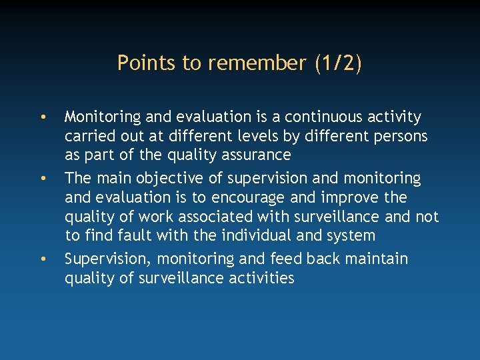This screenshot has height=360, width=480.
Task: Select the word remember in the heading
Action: coord(257,63)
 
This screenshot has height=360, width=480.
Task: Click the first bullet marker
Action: coord(42,118)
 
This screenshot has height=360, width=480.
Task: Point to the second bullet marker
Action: coord(42,179)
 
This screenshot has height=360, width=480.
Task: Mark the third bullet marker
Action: coord(42,259)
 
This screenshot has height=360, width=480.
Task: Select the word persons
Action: coord(399,137)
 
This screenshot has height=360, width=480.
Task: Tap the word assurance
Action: coord(259,155)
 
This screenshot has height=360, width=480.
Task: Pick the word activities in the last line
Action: coord(257,278)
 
